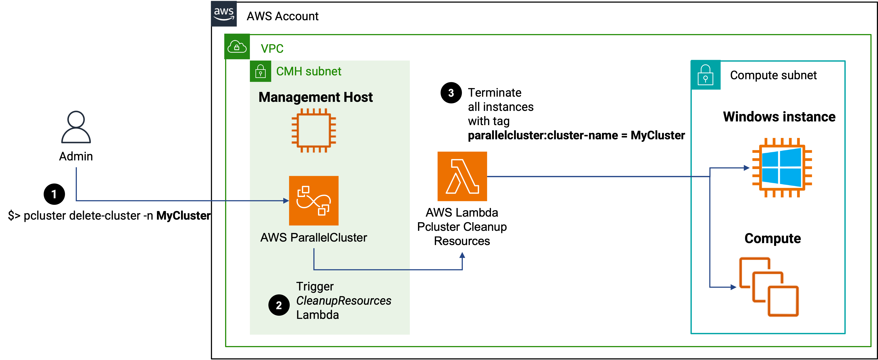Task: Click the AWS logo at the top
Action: pyautogui.click(x=224, y=14)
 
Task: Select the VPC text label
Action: pyautogui.click(x=272, y=49)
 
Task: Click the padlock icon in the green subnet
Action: pyautogui.click(x=261, y=71)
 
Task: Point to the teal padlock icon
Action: pyautogui.click(x=705, y=75)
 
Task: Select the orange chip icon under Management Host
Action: pyautogui.click(x=314, y=130)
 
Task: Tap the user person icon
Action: pyautogui.click(x=76, y=127)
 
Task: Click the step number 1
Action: pyautogui.click(x=54, y=194)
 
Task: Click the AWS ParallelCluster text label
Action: pyautogui.click(x=314, y=238)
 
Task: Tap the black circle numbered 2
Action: pyautogui.click(x=279, y=305)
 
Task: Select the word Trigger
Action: pyautogui.click(x=315, y=286)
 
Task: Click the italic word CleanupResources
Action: pyautogui.click(x=344, y=301)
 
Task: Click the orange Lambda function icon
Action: pyautogui.click(x=462, y=177)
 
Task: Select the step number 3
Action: pyautogui.click(x=451, y=93)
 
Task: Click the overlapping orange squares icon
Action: pyautogui.click(x=769, y=287)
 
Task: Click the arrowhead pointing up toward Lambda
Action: pyautogui.click(x=462, y=255)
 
